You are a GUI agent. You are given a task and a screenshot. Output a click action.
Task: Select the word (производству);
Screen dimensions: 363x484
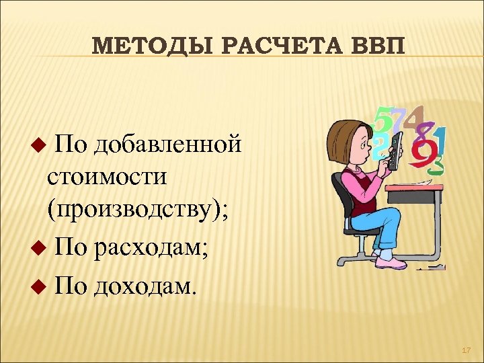click(138, 211)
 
